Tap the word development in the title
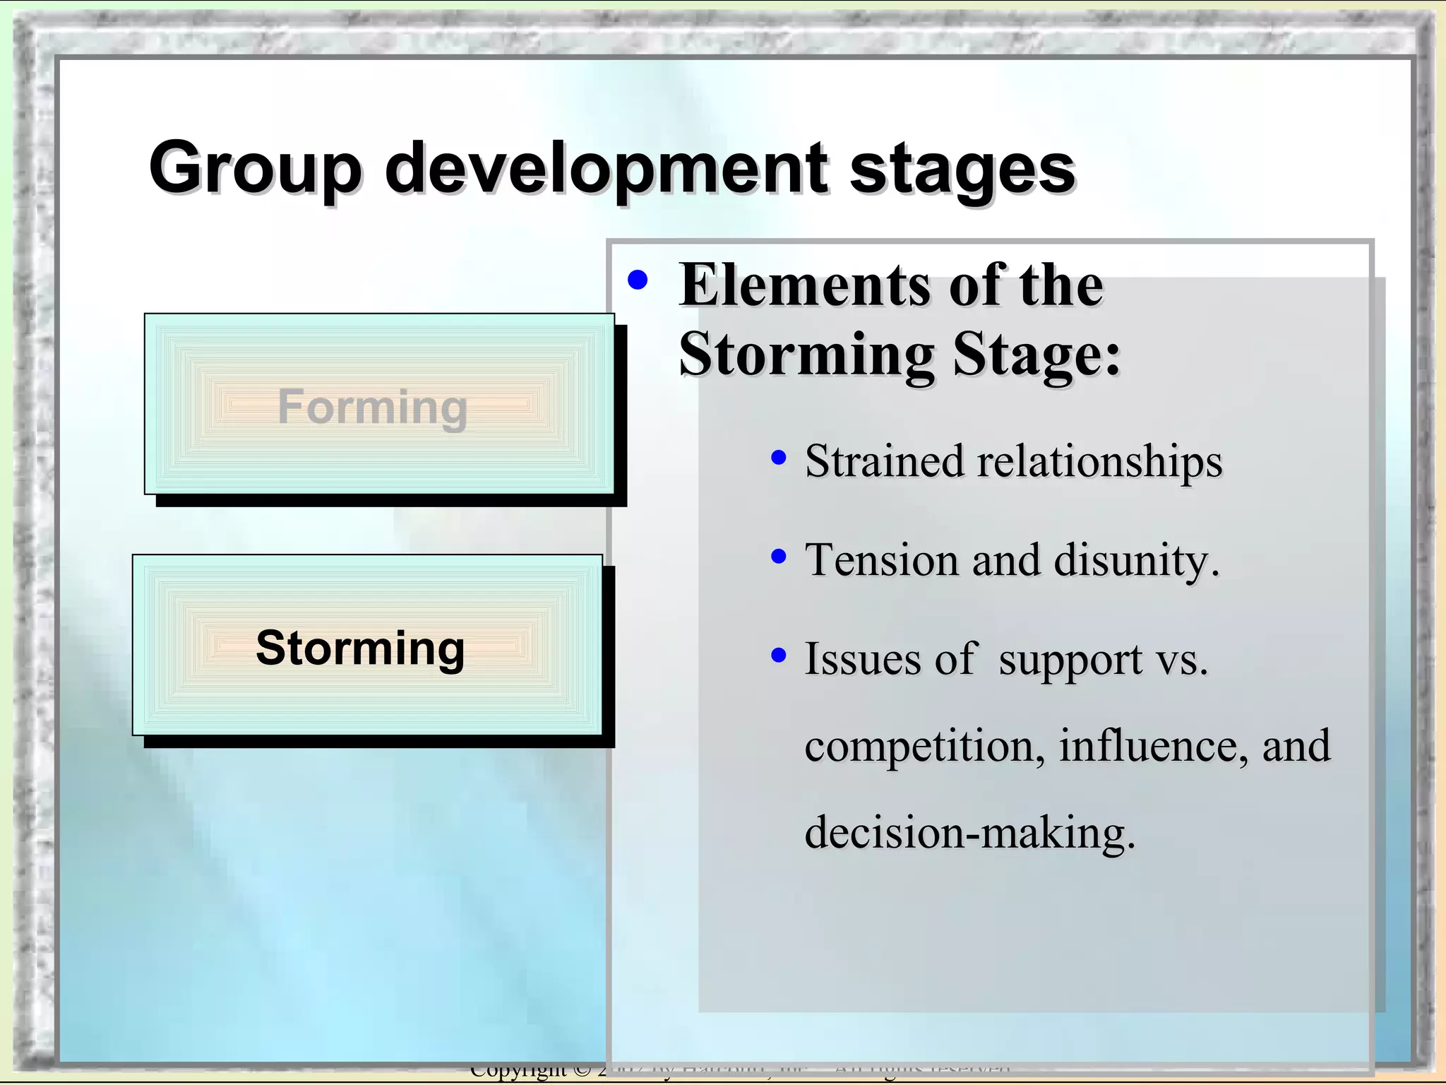(x=606, y=168)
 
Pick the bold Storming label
(x=360, y=647)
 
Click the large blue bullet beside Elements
(x=637, y=280)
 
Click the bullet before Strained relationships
(x=778, y=458)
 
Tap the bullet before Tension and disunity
(x=778, y=557)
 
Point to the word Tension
(x=882, y=559)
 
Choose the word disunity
(x=1135, y=561)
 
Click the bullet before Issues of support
(x=778, y=656)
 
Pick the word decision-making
(x=969, y=832)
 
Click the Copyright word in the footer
(x=518, y=1071)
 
